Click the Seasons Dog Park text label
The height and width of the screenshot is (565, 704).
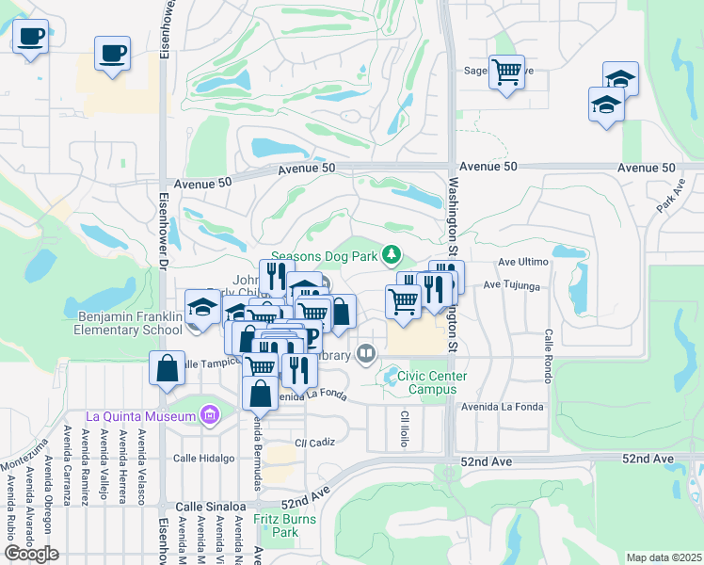[324, 256]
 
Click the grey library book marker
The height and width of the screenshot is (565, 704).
[366, 355]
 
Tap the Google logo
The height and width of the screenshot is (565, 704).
[31, 554]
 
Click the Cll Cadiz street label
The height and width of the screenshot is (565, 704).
[314, 443]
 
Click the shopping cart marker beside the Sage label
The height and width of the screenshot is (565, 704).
[506, 72]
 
